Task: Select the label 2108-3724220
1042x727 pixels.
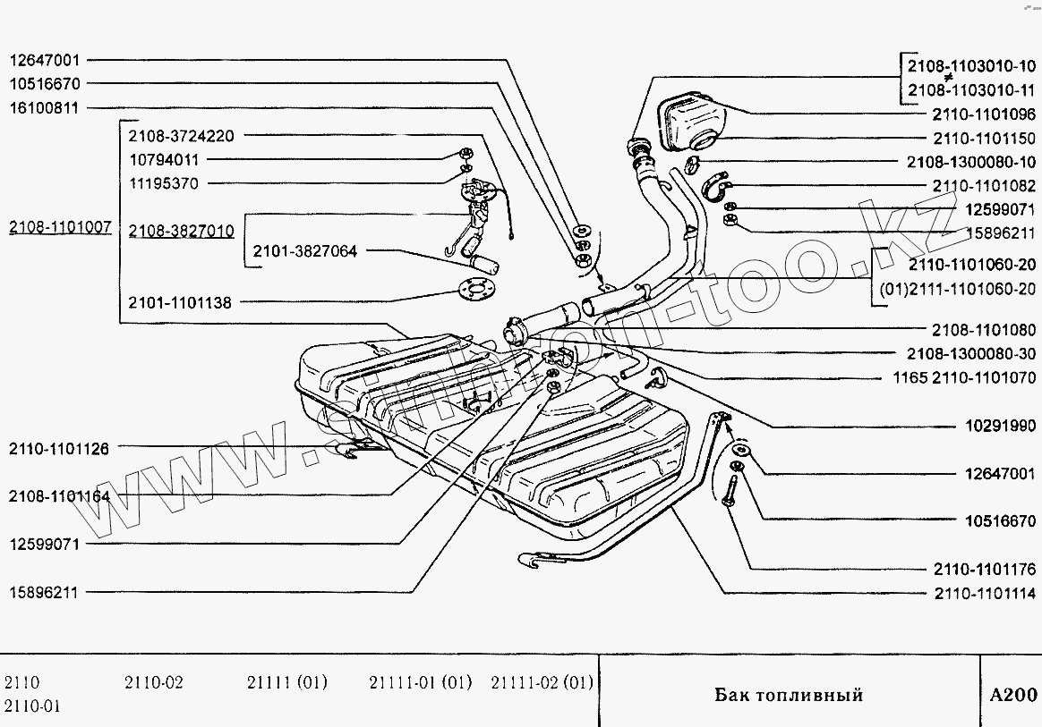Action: coord(181,137)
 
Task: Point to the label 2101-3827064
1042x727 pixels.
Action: coord(304,252)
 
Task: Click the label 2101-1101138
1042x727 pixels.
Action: coord(179,303)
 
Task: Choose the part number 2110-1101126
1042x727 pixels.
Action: coord(59,449)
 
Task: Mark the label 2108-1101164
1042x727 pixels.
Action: coord(59,495)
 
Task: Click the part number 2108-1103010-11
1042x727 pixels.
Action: coord(971,89)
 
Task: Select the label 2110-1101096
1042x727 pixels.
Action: coord(984,114)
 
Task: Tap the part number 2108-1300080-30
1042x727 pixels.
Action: coord(971,353)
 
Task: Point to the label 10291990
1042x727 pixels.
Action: coord(1000,427)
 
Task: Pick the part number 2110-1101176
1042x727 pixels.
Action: coord(984,569)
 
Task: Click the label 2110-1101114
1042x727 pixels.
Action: coord(984,593)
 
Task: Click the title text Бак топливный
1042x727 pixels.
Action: coord(789,695)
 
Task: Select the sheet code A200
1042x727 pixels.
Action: coord(1013,695)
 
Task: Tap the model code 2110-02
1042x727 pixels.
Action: coord(153,683)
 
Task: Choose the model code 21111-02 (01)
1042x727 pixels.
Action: coord(542,683)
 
